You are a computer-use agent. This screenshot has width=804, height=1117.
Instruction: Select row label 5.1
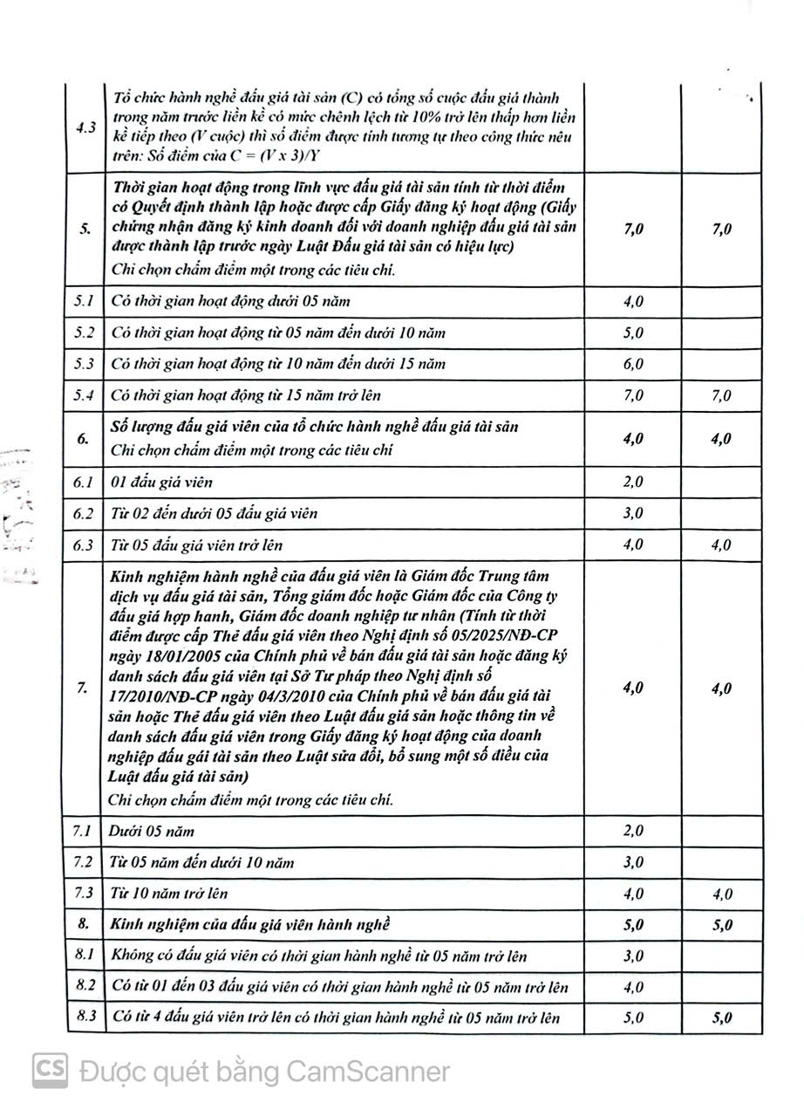(x=85, y=302)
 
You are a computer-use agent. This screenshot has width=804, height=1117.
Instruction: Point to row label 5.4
(x=85, y=395)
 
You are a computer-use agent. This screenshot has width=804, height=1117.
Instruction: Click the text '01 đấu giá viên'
(x=161, y=482)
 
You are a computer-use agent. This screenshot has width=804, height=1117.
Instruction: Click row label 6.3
(x=85, y=545)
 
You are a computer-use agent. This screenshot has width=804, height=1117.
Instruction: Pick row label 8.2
(x=85, y=987)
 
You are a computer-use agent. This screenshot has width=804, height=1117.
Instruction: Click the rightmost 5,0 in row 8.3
(x=721, y=1018)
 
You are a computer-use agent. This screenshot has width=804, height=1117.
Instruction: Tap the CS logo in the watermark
(x=51, y=1071)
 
